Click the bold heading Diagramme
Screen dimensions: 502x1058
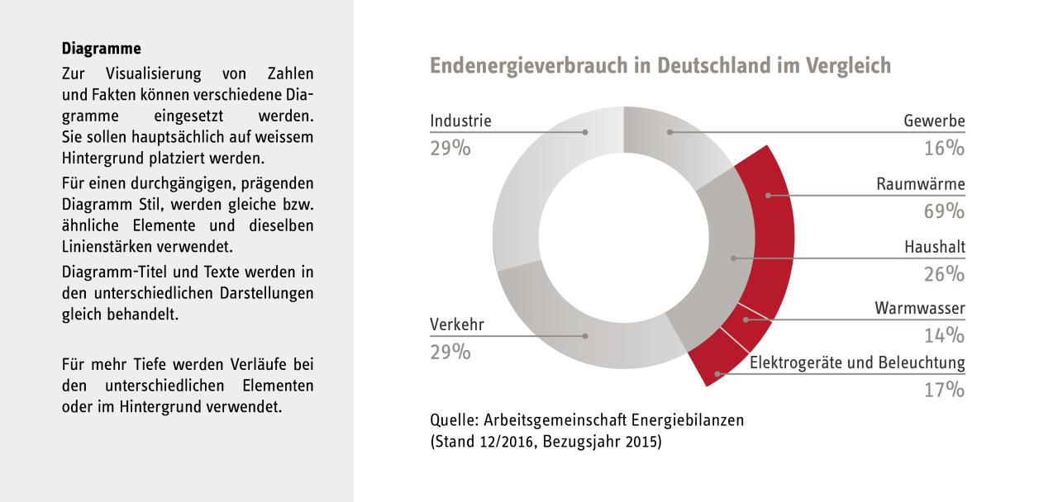pos(102,49)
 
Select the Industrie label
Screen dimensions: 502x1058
pos(460,121)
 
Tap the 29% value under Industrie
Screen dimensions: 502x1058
pos(450,149)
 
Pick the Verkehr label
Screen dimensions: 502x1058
pos(457,324)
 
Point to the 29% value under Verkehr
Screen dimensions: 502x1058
pos(450,352)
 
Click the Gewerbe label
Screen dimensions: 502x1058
pos(934,121)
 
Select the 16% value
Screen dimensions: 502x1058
pos(944,149)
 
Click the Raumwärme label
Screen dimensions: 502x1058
pos(921,184)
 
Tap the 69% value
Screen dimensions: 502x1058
pos(944,211)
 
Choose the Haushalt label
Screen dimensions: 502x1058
pos(933,247)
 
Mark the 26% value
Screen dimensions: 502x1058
pos(944,274)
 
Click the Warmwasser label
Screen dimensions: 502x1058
pos(920,309)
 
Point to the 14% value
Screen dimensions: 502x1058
pos(944,336)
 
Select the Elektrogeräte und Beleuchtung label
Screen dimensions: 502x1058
pos(857,362)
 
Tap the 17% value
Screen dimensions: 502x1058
pos(944,390)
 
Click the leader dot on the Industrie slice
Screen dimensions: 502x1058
pos(586,131)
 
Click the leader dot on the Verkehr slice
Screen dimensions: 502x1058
pos(586,335)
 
